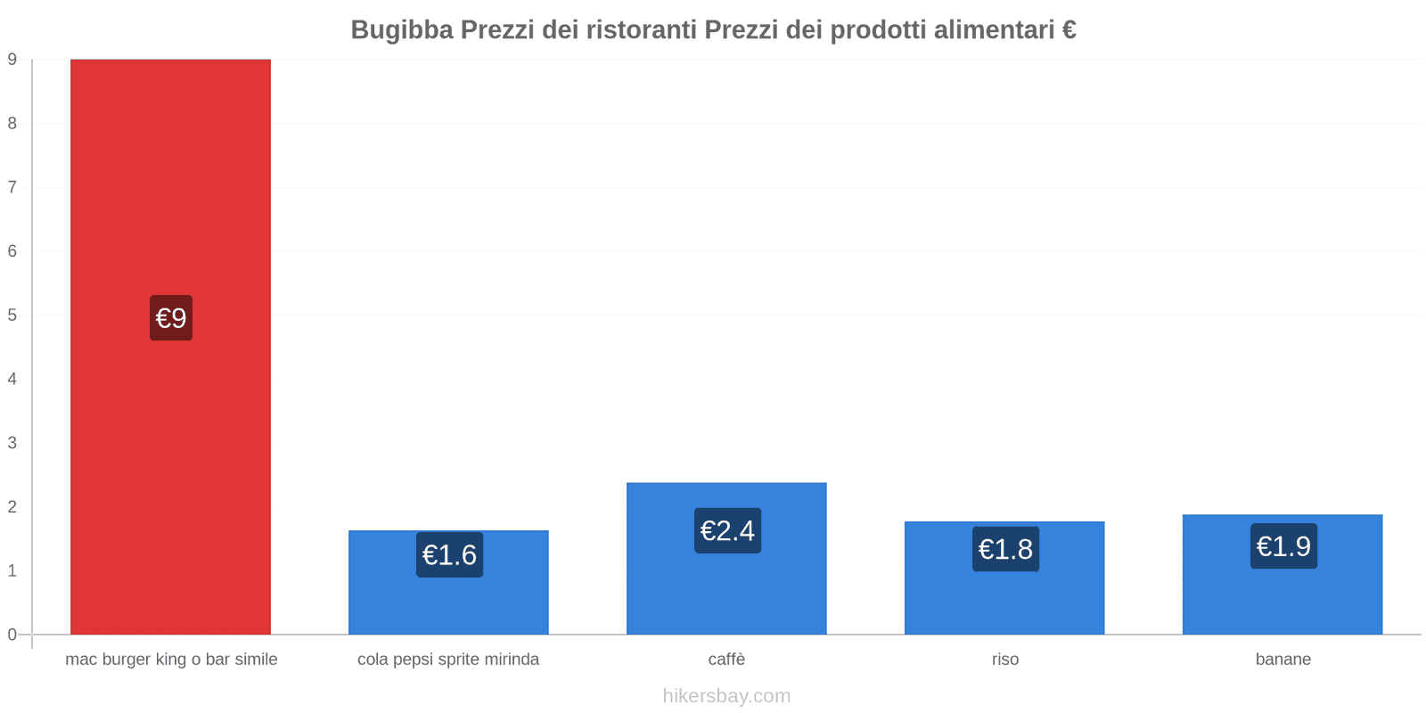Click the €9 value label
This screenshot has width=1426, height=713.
click(171, 318)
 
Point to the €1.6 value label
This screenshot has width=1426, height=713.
click(449, 555)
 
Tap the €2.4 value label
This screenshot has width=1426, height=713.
click(727, 531)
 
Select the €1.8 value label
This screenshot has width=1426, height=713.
click(1005, 549)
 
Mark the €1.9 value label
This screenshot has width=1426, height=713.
click(1283, 546)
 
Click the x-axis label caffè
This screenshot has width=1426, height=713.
click(726, 660)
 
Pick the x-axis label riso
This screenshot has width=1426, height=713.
click(1004, 660)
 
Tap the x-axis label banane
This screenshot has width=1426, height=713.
click(1283, 660)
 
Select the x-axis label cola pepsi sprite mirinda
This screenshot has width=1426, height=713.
click(448, 660)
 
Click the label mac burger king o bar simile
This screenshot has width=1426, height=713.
click(171, 660)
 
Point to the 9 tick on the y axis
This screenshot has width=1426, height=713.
click(12, 60)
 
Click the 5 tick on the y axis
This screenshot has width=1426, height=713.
click(12, 316)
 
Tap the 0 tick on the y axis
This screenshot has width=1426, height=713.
click(12, 635)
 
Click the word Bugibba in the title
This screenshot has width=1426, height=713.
click(401, 30)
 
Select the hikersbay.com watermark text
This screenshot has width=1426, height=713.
click(726, 696)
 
